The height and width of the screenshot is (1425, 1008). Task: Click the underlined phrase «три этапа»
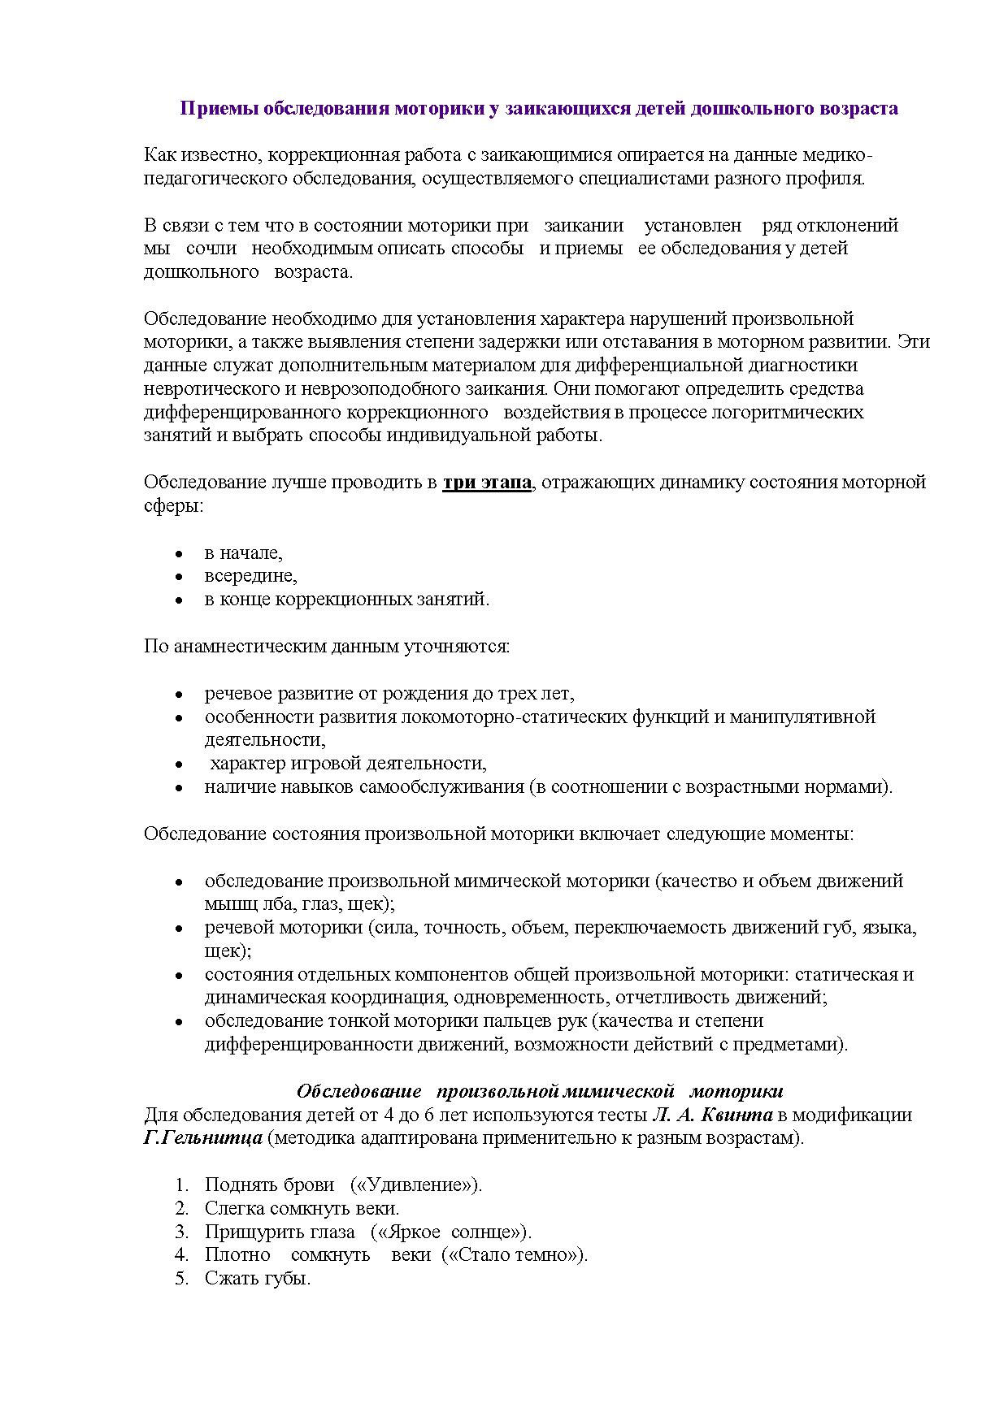coord(487,483)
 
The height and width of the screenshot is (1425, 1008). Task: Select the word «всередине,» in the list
coord(250,576)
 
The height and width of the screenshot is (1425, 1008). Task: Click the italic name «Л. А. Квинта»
coord(711,1115)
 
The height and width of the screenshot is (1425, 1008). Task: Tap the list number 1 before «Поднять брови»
coord(181,1185)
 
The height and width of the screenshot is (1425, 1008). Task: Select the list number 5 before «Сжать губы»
coord(181,1278)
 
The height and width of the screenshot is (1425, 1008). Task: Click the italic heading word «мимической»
coord(620,1090)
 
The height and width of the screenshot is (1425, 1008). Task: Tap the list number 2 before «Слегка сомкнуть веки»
coord(181,1208)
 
